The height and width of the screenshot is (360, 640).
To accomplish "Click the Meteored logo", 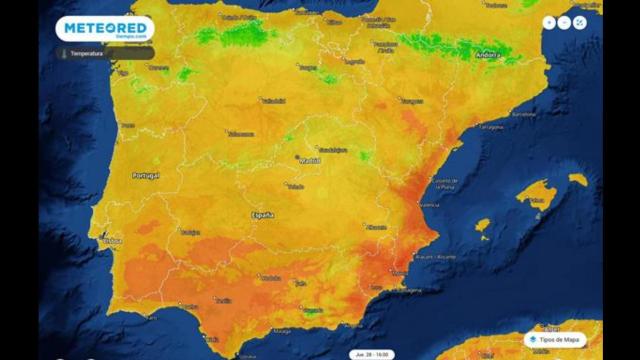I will [x=104, y=28].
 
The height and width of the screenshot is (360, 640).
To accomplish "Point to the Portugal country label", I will [x=147, y=175].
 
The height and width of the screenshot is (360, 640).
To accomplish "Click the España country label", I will [x=263, y=215].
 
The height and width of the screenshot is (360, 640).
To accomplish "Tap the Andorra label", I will [x=487, y=56].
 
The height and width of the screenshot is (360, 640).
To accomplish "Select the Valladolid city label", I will [x=273, y=100].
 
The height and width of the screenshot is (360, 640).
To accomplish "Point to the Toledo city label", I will [x=295, y=186].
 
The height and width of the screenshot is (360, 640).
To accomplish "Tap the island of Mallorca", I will [x=541, y=192].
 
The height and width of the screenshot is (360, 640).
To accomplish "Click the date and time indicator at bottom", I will [x=370, y=354].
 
